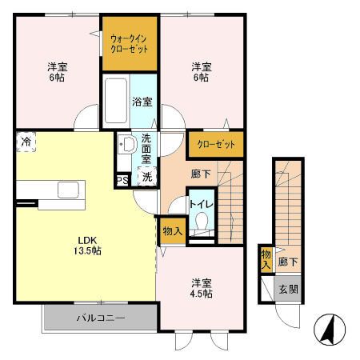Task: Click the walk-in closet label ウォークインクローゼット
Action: tap(130, 43)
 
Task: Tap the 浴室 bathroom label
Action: tap(144, 102)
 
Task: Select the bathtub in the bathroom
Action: tap(117, 98)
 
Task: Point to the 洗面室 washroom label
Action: tap(146, 148)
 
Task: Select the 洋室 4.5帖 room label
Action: tap(201, 288)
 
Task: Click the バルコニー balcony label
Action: tap(100, 318)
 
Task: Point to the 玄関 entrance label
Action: tap(288, 289)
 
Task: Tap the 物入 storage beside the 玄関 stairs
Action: tap(265, 259)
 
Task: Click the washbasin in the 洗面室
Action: tap(126, 146)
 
